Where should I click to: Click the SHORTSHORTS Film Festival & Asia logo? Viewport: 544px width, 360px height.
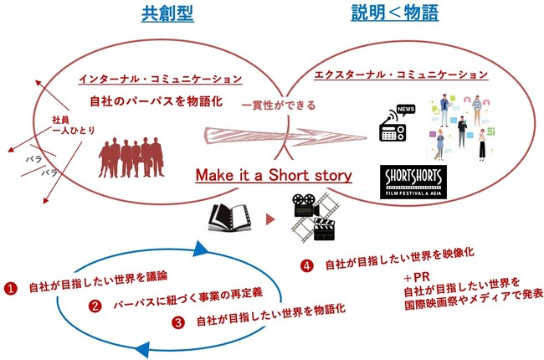(413, 180)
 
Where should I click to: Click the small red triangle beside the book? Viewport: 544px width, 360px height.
(269, 219)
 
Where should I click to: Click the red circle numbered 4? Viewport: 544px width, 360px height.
(306, 265)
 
